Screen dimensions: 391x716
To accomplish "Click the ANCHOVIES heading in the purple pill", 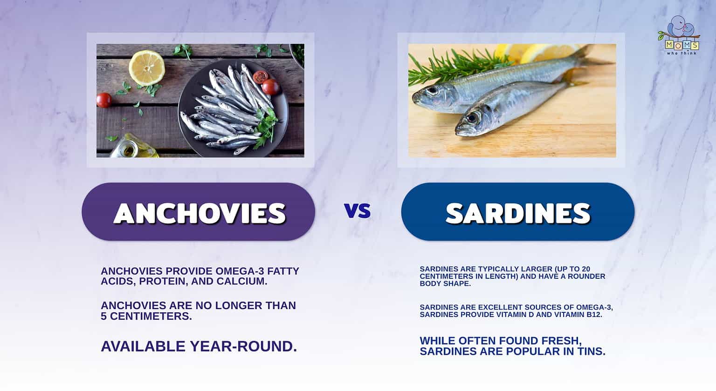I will point(199,213).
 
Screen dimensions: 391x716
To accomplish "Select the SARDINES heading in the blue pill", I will point(518,213).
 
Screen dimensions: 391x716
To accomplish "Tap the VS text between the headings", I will point(358,211).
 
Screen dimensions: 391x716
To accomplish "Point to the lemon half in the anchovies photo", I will point(147,67).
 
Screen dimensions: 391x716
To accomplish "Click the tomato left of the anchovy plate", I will point(104,100).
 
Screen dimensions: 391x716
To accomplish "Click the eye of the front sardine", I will point(472,118).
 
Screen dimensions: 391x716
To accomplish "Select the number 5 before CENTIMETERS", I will point(104,316).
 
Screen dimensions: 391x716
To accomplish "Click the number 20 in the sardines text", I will point(585,269).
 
